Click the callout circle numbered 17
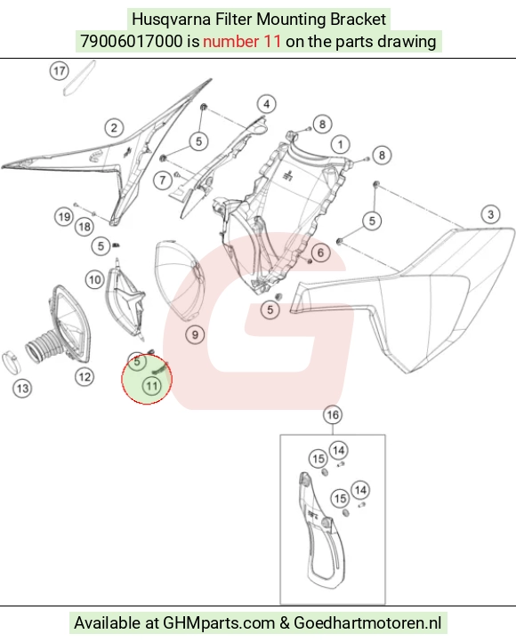click(60, 71)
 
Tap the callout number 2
click(114, 127)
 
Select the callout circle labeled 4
click(267, 104)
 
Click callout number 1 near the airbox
click(341, 144)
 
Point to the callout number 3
click(490, 214)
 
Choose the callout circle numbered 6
click(320, 253)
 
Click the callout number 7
click(163, 180)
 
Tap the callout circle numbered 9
click(195, 335)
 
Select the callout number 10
click(94, 280)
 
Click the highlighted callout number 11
click(152, 386)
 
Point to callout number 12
click(85, 377)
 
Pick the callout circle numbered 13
click(22, 389)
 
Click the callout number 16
click(333, 414)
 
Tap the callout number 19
click(64, 216)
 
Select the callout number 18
click(85, 227)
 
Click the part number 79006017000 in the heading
click(131, 42)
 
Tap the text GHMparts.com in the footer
click(219, 622)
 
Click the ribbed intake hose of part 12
click(44, 345)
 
